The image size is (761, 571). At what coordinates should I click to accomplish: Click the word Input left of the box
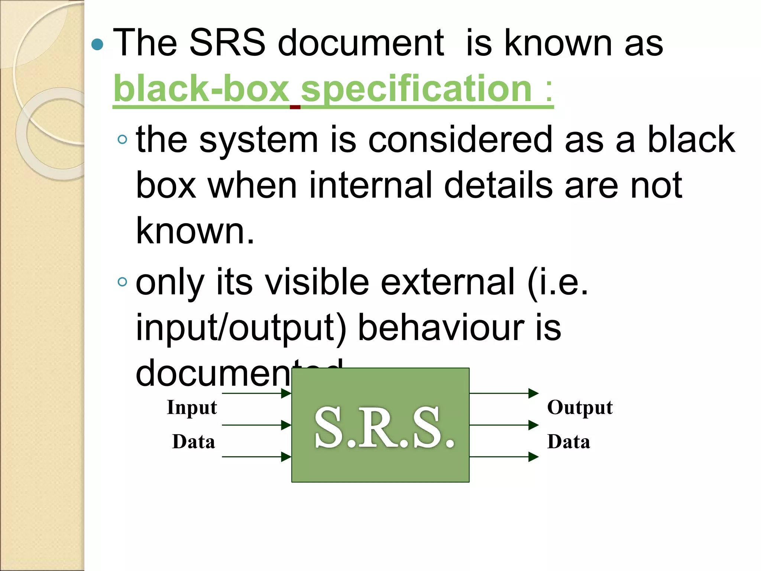click(x=192, y=407)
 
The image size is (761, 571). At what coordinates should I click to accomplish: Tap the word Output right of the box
click(x=580, y=407)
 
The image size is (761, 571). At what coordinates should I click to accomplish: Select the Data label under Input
click(x=194, y=442)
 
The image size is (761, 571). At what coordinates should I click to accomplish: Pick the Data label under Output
click(x=569, y=442)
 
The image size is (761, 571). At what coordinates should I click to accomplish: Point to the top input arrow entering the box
click(x=256, y=393)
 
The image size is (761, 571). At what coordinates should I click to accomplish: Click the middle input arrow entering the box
click(x=256, y=425)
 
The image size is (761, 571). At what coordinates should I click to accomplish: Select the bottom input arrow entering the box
click(x=256, y=457)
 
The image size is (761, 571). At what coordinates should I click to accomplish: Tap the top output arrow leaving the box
click(x=503, y=393)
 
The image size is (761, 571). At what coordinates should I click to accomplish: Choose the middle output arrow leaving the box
click(x=503, y=425)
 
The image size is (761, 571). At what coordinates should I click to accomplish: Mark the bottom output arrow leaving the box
click(x=503, y=457)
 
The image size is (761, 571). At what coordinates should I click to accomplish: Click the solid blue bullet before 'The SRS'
click(x=97, y=45)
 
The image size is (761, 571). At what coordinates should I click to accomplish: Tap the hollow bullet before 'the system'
click(x=122, y=140)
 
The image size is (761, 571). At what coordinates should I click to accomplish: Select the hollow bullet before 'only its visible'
click(x=122, y=282)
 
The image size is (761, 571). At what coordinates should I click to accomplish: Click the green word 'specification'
click(x=416, y=89)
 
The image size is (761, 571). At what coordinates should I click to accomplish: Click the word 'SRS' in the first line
click(x=227, y=43)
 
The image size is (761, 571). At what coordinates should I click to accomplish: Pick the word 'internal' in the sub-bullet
click(x=370, y=185)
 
